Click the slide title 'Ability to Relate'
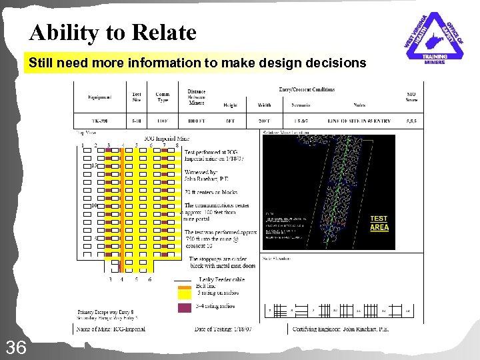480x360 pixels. pos(113,32)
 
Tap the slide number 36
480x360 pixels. pos(16,346)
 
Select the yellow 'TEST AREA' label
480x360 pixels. pos(379,223)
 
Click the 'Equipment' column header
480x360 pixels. pos(100,97)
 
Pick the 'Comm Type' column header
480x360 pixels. pos(162,97)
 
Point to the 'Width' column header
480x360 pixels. pos(264,105)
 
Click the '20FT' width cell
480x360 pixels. pos(264,122)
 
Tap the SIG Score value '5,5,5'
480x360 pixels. pos(411,122)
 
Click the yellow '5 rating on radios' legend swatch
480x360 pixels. pos(183,292)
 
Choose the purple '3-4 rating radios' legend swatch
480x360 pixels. pos(183,307)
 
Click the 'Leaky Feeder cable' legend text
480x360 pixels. pos(222,279)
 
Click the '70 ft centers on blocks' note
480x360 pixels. pos(211,192)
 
